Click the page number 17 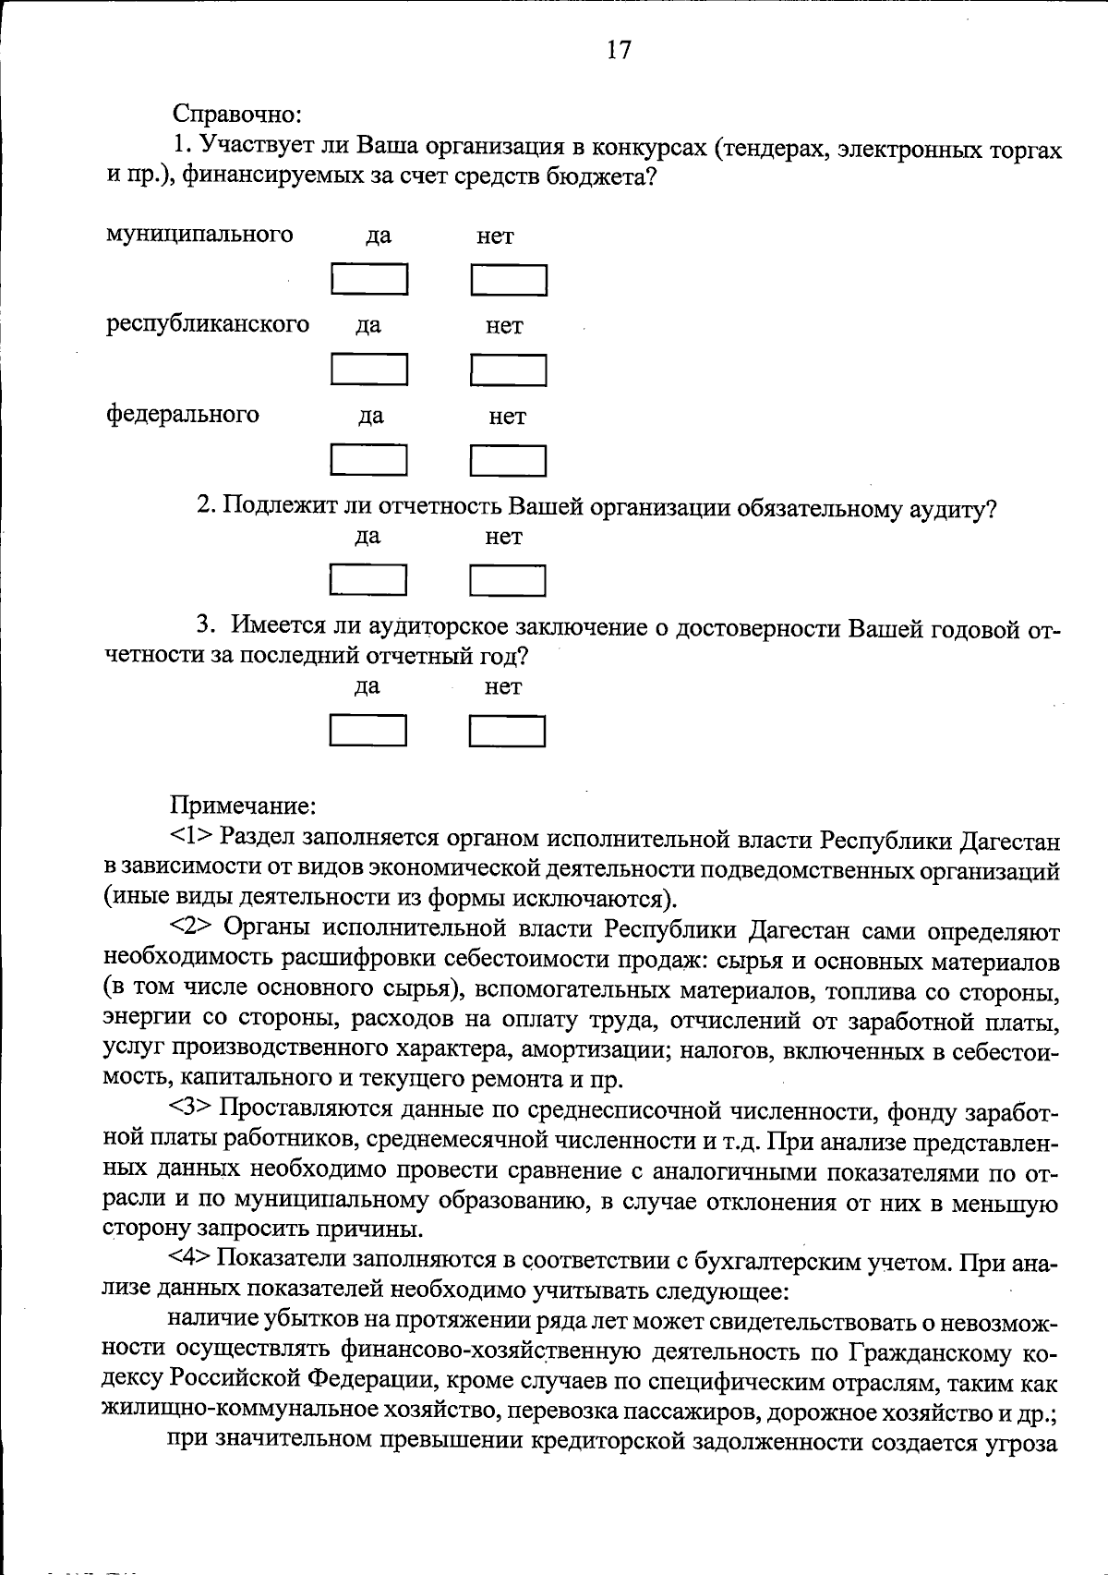[619, 50]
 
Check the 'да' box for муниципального [369, 280]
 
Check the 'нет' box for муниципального [509, 280]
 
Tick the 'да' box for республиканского [369, 370]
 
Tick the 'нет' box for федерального [508, 460]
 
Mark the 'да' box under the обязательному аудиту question [368, 580]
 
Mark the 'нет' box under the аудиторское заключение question [507, 731]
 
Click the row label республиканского [208, 324]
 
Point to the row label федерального [183, 414]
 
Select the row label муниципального [199, 235]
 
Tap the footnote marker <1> [191, 838]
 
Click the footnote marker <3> [191, 1108]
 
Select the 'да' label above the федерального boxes [371, 417]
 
